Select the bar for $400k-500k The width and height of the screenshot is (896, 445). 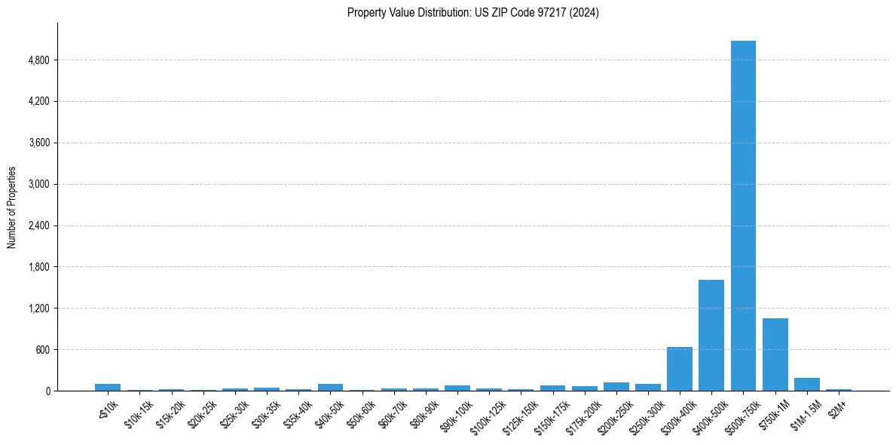[711, 336]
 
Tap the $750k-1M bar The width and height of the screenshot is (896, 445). [775, 354]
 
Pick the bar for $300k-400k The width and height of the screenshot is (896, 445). [679, 369]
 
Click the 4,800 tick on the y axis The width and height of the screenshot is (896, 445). [38, 60]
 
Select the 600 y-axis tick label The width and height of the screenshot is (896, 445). [42, 350]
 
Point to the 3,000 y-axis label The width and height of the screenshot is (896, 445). [38, 184]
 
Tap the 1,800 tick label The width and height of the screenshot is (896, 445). [38, 267]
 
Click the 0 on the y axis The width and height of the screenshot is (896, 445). [47, 391]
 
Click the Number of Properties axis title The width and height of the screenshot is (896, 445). [12, 207]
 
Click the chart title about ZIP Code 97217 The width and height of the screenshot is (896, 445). [473, 13]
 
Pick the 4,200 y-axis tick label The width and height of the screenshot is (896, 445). [38, 102]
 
